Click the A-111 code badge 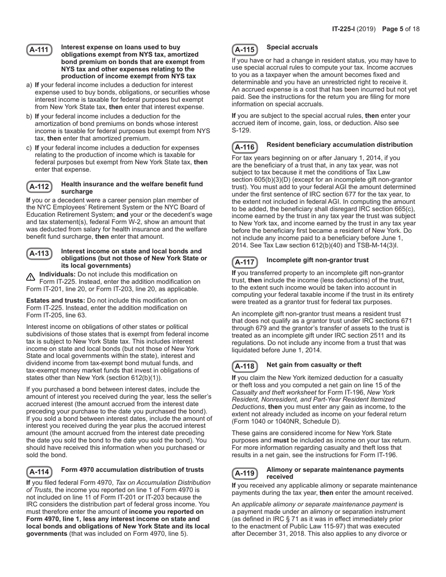click(39, 50)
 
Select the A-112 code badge click(39, 187)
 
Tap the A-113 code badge click(39, 254)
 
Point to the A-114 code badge click(39, 472)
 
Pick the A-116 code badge click(245, 147)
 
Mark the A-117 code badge click(245, 262)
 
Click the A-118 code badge click(245, 367)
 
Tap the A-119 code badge click(245, 473)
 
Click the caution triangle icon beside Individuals click(31, 277)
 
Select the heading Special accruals click(292, 47)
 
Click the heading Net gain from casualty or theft click(314, 365)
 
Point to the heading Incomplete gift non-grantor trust click(317, 260)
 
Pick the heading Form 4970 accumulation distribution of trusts click(132, 470)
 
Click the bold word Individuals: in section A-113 click(57, 274)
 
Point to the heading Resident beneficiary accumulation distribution click(339, 145)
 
